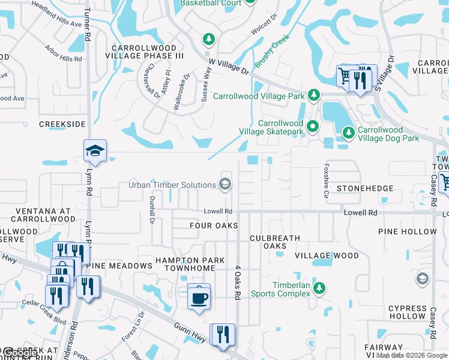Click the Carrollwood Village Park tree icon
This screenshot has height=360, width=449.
click(x=313, y=95)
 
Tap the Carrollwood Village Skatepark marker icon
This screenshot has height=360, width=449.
click(x=312, y=127)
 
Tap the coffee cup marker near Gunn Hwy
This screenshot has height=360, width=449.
click(x=199, y=296)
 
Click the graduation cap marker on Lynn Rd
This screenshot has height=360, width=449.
click(x=95, y=151)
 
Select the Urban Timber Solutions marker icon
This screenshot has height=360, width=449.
click(x=226, y=184)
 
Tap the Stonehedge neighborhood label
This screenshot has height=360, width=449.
click(x=365, y=188)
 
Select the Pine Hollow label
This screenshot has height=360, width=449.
click(x=408, y=232)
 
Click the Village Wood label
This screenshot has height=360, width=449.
click(x=327, y=256)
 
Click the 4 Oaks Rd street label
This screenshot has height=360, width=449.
click(x=238, y=283)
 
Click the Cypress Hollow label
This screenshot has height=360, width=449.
click(x=407, y=313)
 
